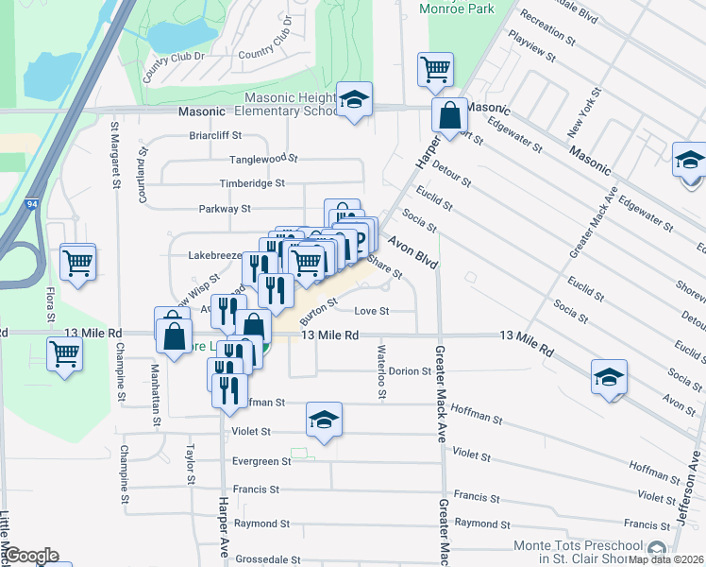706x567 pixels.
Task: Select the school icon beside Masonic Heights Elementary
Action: coord(354,100)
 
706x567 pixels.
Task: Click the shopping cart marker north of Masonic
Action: coord(435,68)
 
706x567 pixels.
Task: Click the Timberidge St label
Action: coord(252,183)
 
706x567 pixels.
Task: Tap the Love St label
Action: coord(371,311)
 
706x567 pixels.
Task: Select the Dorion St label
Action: coord(410,371)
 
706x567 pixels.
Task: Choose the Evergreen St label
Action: coord(261,461)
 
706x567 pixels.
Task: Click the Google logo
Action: coord(31,556)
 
